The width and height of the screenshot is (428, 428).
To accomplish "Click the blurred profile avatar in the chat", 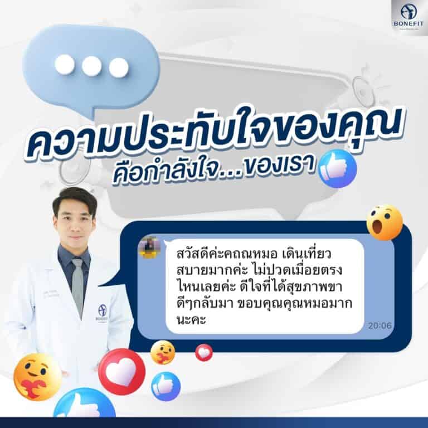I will click(x=149, y=246).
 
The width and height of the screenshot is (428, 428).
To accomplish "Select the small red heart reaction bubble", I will click(x=203, y=352).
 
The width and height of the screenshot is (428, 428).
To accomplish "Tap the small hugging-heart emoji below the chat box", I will click(x=163, y=353).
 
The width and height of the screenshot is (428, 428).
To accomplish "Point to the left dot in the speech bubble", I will click(x=64, y=65).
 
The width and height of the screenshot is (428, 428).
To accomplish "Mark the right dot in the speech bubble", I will click(x=119, y=67).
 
